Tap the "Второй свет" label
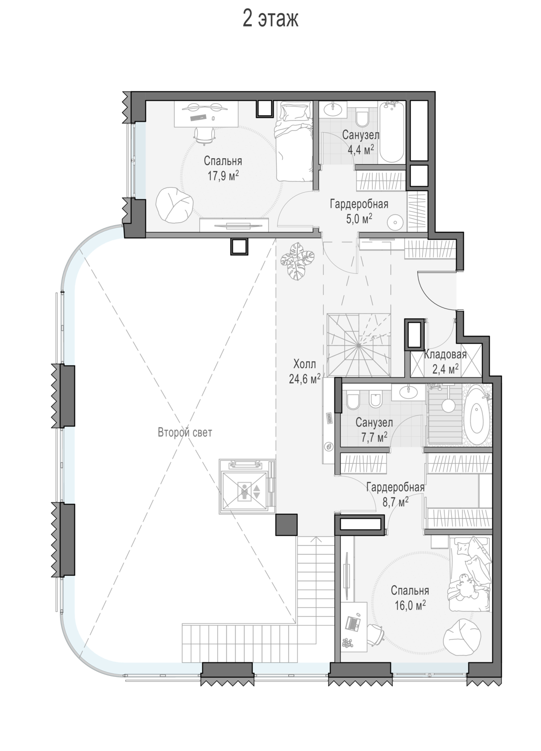pos(185,433)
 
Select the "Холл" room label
pos(304,363)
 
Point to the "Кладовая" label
pos(445,354)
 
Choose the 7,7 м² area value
pos(374,436)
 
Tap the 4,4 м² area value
pos(360,149)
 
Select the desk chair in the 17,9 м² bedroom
pos(204,136)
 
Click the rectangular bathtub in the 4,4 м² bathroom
pos(391,133)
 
